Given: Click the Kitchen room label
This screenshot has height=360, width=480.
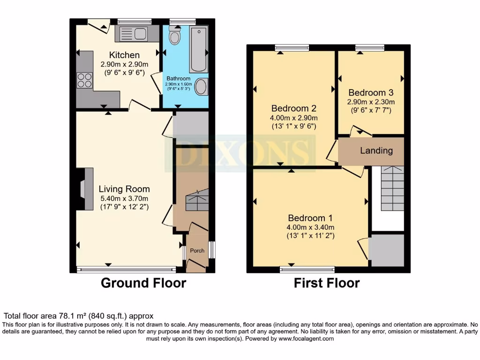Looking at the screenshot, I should (x=124, y=55).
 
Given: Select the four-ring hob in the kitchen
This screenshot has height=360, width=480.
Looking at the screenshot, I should (x=85, y=81).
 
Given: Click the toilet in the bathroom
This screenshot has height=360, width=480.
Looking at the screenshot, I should (x=175, y=36).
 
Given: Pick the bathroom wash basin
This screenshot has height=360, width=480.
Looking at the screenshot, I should (x=201, y=87).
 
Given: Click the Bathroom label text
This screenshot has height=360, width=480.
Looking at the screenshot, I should (x=178, y=78).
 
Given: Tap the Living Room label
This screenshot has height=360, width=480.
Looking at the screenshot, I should (x=124, y=189).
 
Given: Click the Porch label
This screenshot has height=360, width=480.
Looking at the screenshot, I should (x=197, y=250).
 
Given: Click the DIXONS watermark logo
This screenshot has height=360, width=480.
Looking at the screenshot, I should (x=239, y=152).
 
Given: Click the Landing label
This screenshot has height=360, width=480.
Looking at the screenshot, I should (x=376, y=150).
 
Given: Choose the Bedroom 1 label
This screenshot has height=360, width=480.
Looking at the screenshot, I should (x=310, y=218).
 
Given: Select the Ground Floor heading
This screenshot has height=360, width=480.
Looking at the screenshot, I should (x=143, y=283).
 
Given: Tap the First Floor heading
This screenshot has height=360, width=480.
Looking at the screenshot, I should (x=327, y=283).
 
